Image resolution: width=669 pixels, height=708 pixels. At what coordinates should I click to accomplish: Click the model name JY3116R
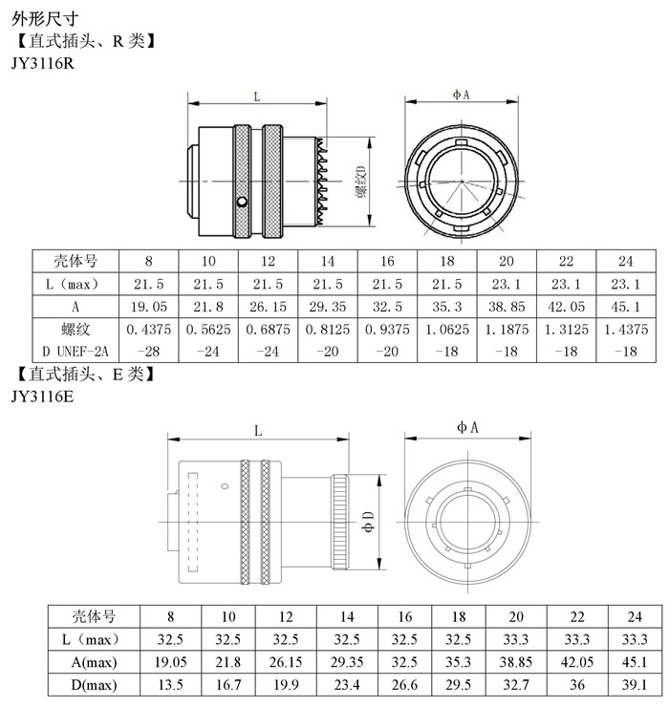43,63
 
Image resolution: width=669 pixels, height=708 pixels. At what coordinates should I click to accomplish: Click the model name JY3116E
42,396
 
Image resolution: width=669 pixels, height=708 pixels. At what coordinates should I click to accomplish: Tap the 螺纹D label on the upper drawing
361,182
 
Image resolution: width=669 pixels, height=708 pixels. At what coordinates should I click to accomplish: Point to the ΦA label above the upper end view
462,95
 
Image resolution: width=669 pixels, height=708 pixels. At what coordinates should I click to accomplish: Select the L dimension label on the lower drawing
258,430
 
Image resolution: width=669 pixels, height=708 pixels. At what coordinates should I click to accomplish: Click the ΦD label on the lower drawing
369,522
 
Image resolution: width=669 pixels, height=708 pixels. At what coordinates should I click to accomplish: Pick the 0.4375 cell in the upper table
149,330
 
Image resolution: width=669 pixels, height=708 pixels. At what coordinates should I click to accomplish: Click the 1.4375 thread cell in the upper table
626,330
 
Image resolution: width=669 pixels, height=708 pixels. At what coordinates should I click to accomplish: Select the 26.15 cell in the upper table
268,307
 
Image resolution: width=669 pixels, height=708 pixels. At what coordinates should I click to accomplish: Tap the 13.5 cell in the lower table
170,684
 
